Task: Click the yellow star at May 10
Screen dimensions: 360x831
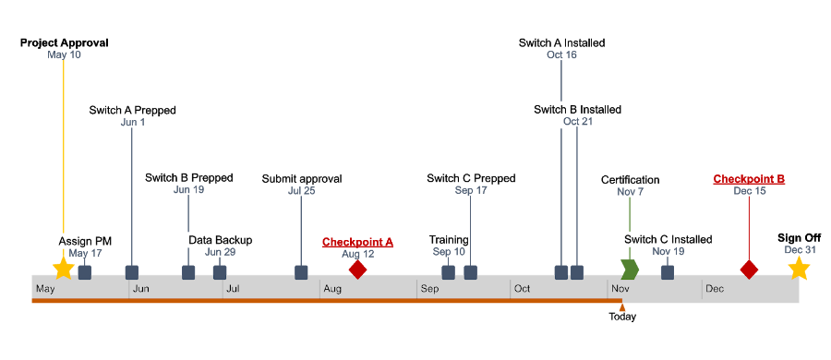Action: click(x=63, y=269)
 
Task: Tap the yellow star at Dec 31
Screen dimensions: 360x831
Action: click(x=799, y=269)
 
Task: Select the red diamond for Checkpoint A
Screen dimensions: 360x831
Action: click(x=357, y=269)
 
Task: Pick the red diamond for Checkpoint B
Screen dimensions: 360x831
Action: click(x=749, y=270)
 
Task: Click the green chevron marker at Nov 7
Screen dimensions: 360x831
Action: click(x=630, y=270)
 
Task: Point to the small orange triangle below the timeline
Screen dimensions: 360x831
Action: click(x=622, y=307)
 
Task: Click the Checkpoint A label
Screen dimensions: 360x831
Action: click(x=357, y=242)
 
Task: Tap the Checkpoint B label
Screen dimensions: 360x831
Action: click(x=749, y=179)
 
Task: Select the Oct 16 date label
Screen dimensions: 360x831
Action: click(x=561, y=55)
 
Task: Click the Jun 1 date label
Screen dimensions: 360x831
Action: click(x=132, y=122)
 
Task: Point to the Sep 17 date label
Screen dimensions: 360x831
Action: click(x=470, y=190)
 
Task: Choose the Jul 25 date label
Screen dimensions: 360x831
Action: click(x=301, y=191)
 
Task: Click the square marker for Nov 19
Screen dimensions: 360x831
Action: click(x=667, y=272)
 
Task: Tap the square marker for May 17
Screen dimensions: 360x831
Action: click(x=85, y=272)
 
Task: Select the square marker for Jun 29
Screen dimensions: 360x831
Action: click(x=220, y=272)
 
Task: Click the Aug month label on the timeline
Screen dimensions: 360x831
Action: click(x=332, y=289)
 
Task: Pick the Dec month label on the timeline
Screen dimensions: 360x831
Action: click(x=715, y=289)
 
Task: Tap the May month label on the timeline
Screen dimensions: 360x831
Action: click(x=46, y=289)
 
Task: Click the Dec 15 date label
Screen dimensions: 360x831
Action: click(x=749, y=191)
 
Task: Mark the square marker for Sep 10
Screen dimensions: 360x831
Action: click(x=448, y=272)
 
